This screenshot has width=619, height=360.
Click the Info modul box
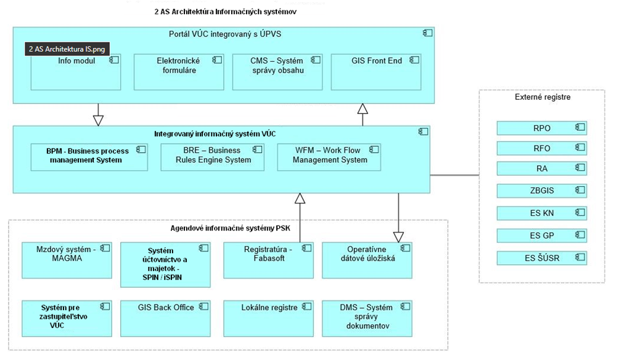tap(76, 72)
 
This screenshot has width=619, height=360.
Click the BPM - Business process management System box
tap(89, 157)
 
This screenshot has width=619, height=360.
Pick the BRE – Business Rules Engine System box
tap(212, 157)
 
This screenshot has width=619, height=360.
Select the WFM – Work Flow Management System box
tap(329, 157)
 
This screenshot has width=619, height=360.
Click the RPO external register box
tap(541, 128)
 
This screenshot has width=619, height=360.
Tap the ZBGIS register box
tap(541, 190)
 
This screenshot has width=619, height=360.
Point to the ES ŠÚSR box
tap(541, 258)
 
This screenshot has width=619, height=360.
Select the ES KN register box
tap(541, 213)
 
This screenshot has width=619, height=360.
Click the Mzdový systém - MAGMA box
tap(67, 260)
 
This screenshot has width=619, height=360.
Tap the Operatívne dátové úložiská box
tap(367, 260)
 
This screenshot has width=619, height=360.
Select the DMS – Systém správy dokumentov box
tap(367, 317)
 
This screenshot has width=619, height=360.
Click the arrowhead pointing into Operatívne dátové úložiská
tap(398, 236)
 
